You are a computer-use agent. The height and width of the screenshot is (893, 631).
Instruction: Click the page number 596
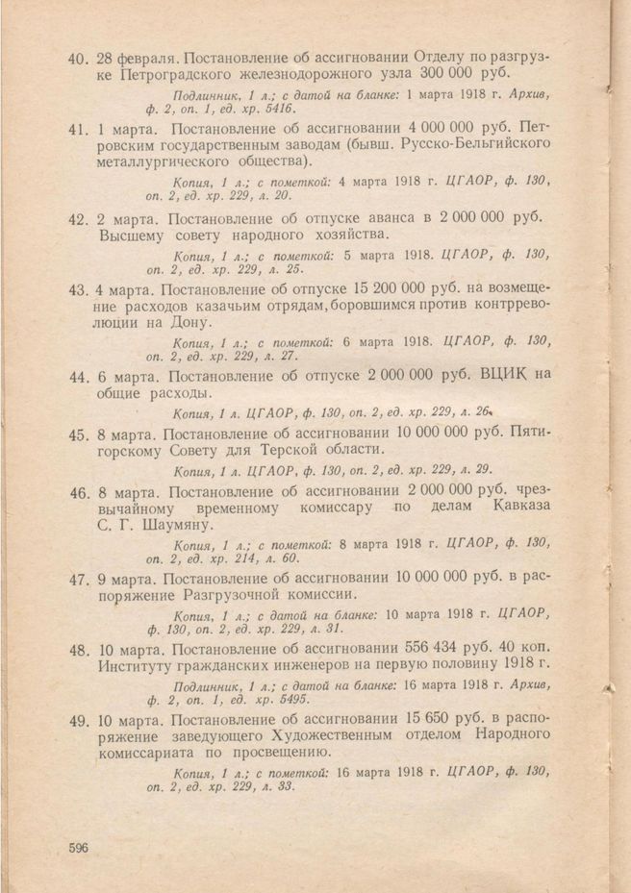[79, 847]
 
